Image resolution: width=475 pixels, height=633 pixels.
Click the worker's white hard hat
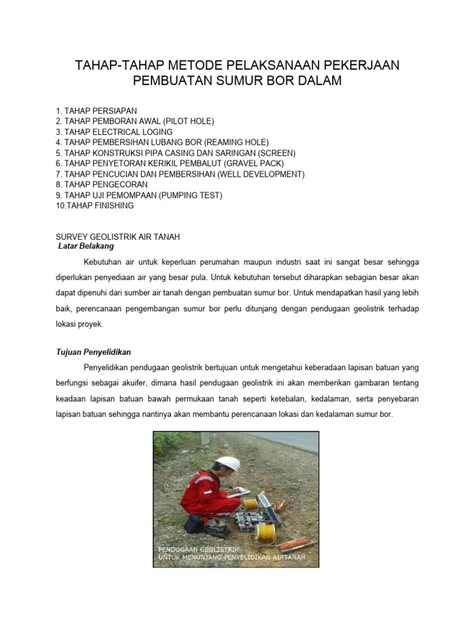pos(229,464)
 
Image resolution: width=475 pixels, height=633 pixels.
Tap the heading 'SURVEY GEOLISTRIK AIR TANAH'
pos(118,237)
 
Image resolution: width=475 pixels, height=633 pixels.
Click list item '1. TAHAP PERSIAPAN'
pos(96,111)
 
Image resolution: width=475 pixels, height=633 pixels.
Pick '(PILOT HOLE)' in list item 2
pos(188,121)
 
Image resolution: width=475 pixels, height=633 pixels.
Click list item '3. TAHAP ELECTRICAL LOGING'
pos(114,132)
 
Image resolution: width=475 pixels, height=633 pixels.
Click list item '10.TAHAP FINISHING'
pos(95,205)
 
